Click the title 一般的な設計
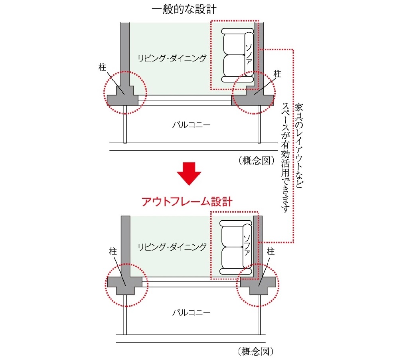pyautogui.click(x=184, y=10)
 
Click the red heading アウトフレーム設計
pyautogui.click(x=187, y=202)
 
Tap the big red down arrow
pyautogui.click(x=189, y=174)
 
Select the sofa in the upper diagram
pyautogui.click(x=238, y=55)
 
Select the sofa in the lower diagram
pyautogui.click(x=236, y=247)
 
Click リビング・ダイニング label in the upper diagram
pyautogui.click(x=172, y=58)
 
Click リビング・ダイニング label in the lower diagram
pyautogui.click(x=172, y=247)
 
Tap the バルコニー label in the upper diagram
pyautogui.click(x=192, y=125)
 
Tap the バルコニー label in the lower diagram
pyautogui.click(x=192, y=312)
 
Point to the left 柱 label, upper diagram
pyautogui.click(x=102, y=67)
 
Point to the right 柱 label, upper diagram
pyautogui.click(x=277, y=74)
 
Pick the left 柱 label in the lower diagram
pyautogui.click(x=113, y=251)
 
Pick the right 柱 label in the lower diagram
pyautogui.click(x=271, y=251)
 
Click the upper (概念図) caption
pyautogui.click(x=257, y=161)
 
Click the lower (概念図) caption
pyautogui.click(x=255, y=352)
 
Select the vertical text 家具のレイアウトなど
pyautogui.click(x=299, y=146)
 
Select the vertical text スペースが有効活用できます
pyautogui.click(x=286, y=158)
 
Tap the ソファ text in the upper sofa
pyautogui.click(x=249, y=54)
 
